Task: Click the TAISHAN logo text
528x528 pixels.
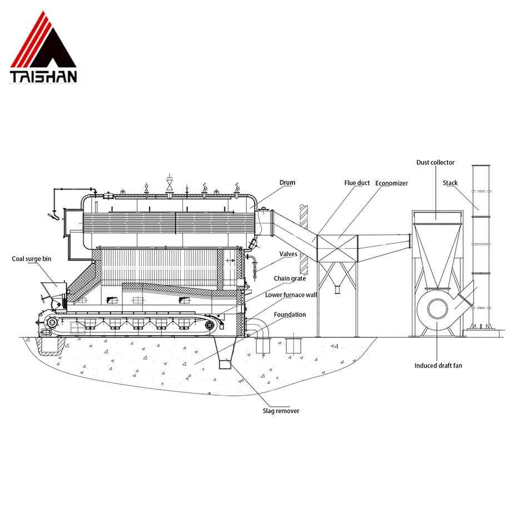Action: tap(43, 76)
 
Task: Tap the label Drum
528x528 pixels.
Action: tap(287, 182)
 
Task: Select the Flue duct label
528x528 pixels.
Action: tap(357, 183)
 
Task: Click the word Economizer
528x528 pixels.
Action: tap(391, 183)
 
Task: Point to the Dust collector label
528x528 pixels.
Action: tap(435, 162)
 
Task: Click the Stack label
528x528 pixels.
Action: tap(450, 182)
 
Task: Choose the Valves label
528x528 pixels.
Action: tap(288, 253)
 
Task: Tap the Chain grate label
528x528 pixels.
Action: tap(290, 278)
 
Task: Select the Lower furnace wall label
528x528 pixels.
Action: tap(291, 295)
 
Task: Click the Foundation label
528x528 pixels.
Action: tap(290, 315)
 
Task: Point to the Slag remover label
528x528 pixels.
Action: tap(281, 411)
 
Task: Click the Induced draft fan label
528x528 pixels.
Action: tap(438, 366)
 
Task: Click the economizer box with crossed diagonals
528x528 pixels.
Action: tap(336, 248)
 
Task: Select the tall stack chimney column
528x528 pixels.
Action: tap(481, 245)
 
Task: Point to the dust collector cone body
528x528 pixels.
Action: tap(437, 250)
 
